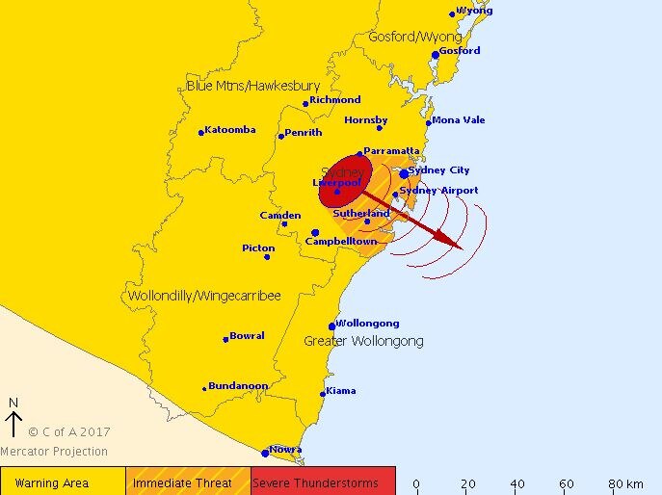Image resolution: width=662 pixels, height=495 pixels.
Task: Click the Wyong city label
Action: coord(473,11)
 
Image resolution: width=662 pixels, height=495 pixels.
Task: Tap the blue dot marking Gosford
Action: coord(436,55)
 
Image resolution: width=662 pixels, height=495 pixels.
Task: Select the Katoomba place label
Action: coord(230,130)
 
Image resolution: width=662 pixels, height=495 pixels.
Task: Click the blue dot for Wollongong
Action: coord(332,326)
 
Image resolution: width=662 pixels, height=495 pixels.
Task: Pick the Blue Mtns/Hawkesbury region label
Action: coord(252,86)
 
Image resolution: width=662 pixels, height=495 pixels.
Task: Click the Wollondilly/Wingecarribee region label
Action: coord(204,296)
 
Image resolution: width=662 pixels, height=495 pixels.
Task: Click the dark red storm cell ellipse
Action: coord(345,180)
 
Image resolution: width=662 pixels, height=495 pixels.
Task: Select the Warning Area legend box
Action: coord(63,482)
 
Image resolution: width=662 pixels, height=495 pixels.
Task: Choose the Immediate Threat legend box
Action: coord(188,482)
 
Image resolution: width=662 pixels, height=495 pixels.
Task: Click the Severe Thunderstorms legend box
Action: coord(323,482)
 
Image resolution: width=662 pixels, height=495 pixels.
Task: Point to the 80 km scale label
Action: coord(626,482)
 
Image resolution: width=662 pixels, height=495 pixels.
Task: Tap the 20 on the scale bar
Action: coord(467,482)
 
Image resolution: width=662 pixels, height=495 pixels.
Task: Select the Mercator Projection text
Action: coord(54,452)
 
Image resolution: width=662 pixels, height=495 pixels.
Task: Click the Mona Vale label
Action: coord(459,120)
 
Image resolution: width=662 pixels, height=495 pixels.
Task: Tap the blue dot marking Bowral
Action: coord(225,339)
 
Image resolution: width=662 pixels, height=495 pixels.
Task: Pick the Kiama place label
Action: coord(341,391)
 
